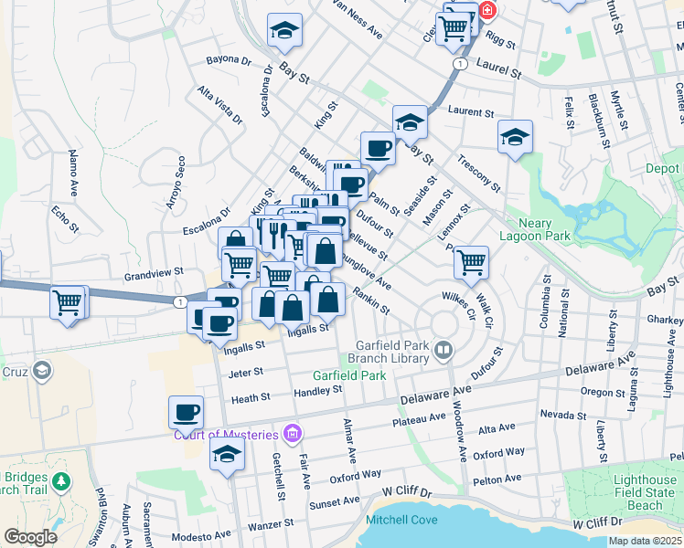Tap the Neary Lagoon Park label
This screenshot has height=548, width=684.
tap(535, 228)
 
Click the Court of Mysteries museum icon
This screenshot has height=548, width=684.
tap(292, 432)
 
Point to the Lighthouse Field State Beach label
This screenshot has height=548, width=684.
tap(627, 492)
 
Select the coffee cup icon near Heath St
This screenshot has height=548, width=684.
tap(186, 412)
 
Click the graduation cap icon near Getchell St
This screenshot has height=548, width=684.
tap(227, 455)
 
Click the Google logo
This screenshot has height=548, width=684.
tap(30, 537)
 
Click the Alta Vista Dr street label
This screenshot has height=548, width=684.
tap(220, 106)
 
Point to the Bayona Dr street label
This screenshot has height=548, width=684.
tap(229, 61)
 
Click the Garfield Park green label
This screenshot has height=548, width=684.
tap(349, 375)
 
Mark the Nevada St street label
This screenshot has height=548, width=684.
tap(562, 414)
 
